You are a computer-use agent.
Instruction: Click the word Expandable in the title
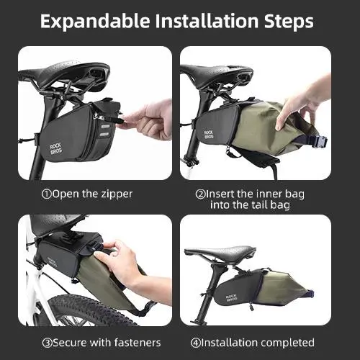[95, 22]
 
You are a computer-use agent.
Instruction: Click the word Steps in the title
[289, 22]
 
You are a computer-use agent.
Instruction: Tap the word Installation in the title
[207, 21]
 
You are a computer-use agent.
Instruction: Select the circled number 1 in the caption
[47, 194]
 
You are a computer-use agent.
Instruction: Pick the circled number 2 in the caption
[200, 194]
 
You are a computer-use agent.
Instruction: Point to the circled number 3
[47, 343]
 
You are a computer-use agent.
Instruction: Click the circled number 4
[196, 343]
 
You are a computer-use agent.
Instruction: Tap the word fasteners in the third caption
[138, 343]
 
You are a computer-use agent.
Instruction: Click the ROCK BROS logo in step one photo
[56, 148]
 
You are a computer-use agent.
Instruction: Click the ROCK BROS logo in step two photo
[209, 135]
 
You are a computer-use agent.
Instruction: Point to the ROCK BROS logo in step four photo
[231, 297]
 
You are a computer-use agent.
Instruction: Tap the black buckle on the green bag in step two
[318, 142]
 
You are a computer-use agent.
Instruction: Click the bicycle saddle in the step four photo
[220, 254]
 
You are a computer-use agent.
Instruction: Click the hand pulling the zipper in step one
[146, 120]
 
